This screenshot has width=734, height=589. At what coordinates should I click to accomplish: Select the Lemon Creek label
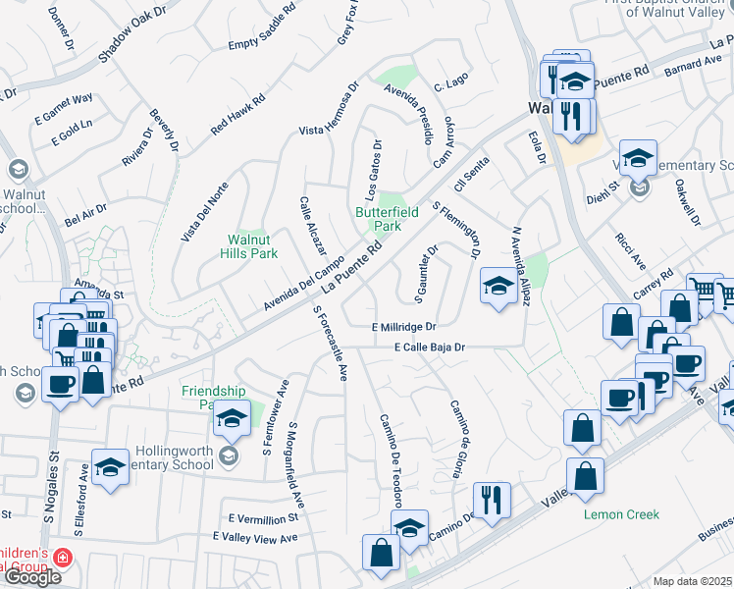pos(621,513)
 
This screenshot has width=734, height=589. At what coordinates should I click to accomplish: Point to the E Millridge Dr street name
pos(403,326)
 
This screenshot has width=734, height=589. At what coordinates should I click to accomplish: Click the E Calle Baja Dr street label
pos(429,347)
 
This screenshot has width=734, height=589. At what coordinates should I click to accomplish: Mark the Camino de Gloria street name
pos(456,438)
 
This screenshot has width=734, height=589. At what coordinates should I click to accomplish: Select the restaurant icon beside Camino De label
pos(492,499)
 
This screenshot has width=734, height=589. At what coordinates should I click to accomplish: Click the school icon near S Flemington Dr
pos(498,288)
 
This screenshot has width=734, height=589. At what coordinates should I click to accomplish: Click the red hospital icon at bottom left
pos(63,558)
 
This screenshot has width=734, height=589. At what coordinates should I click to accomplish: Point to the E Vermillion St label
pos(261,517)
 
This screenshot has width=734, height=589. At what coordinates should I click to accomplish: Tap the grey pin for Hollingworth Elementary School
pos(228,455)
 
